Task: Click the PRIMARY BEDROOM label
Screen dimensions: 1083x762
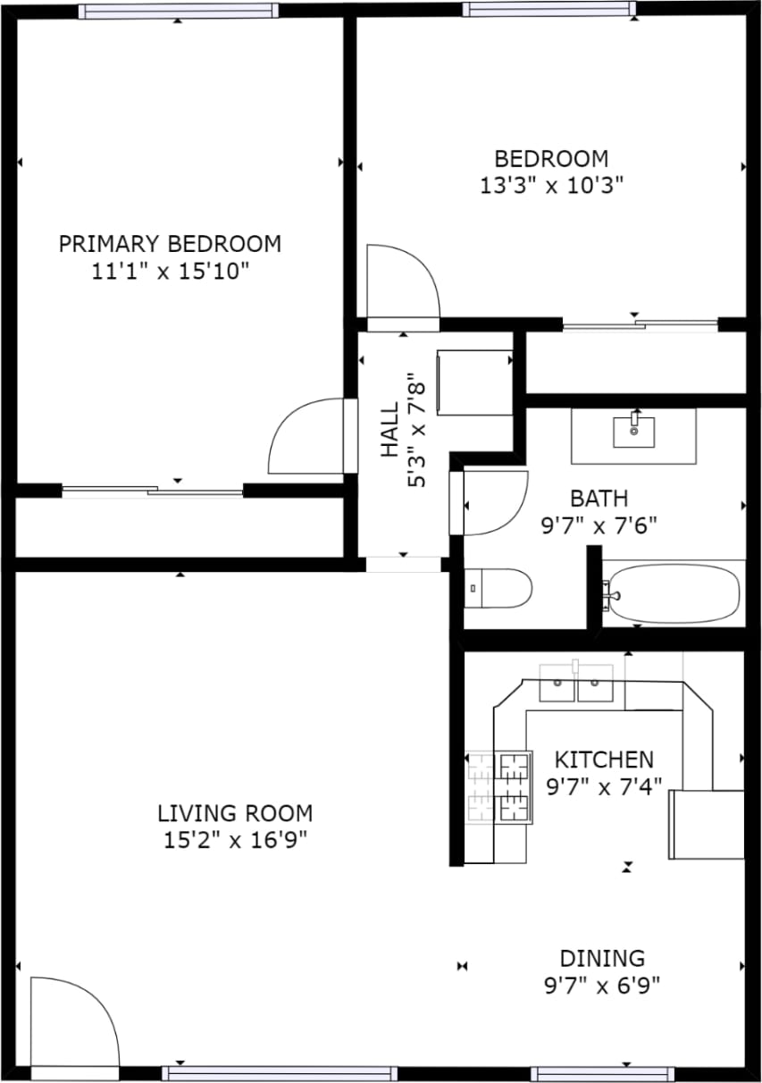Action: point(170,243)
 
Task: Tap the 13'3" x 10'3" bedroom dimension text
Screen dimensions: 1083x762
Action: point(551,186)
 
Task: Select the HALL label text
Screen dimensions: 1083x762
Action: point(390,431)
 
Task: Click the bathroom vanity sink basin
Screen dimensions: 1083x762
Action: point(633,431)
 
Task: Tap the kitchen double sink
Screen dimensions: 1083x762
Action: point(576,684)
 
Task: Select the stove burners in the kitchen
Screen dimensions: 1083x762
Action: point(499,786)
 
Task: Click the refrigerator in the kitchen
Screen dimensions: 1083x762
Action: point(707,824)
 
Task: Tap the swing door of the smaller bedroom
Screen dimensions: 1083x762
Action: point(402,281)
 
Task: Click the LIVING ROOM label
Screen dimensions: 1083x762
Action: point(235,813)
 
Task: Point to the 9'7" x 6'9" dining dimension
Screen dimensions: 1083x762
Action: point(602,986)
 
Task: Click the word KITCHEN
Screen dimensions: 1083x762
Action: point(604,760)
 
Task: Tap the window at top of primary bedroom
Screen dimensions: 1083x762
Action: point(177,11)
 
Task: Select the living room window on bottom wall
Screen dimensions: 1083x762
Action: point(280,1073)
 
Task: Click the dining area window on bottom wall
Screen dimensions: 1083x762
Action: point(602,1073)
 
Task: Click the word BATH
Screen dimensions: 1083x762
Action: point(599,498)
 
